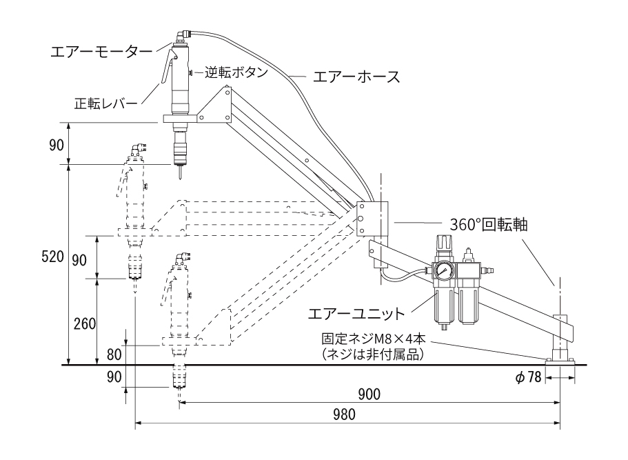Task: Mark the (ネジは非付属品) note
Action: (x=373, y=354)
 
